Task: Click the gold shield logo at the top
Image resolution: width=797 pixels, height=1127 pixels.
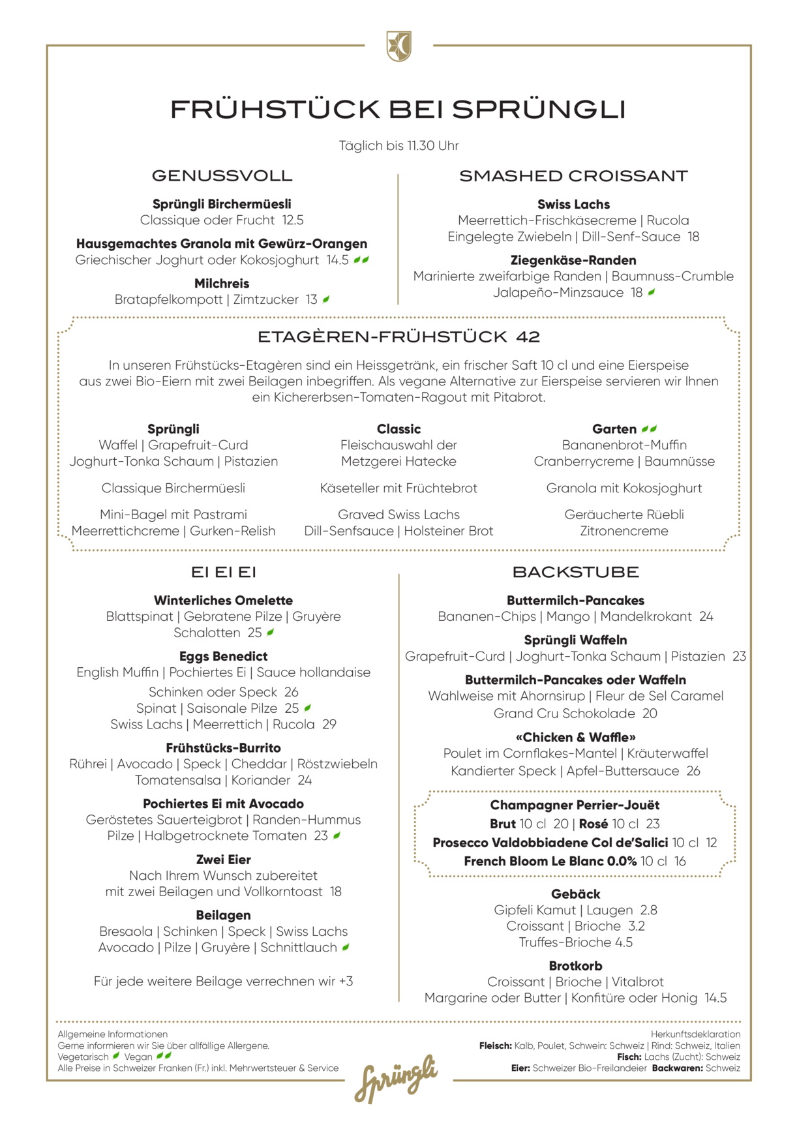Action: tap(398, 46)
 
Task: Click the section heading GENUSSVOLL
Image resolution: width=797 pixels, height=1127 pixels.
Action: tap(222, 175)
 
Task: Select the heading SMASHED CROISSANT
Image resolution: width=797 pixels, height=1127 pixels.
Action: tap(573, 175)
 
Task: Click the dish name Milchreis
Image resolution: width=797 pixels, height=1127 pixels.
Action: tap(222, 283)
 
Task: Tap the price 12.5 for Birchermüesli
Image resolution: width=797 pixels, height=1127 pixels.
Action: tap(293, 220)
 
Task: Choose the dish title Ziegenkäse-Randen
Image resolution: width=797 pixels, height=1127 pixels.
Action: tap(573, 260)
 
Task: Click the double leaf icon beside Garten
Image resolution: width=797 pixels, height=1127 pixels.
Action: tap(649, 429)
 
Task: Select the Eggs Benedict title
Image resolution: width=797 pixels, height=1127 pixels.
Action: tap(223, 656)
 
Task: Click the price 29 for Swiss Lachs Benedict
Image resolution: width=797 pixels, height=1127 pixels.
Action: tap(329, 724)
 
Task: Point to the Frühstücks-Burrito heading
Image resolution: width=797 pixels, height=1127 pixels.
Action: tap(223, 747)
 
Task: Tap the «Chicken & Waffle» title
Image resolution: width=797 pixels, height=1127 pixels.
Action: tap(575, 737)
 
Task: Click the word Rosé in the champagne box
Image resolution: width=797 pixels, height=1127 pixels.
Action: tap(593, 824)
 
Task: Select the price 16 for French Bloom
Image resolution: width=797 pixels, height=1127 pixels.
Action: tap(680, 861)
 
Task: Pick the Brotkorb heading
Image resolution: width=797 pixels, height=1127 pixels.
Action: tap(575, 965)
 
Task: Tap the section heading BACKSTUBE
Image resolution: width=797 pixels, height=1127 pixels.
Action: tap(575, 572)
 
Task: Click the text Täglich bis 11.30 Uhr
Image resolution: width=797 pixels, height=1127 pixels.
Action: tap(398, 145)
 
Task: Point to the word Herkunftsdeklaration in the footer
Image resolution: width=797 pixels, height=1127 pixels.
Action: tap(695, 1034)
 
